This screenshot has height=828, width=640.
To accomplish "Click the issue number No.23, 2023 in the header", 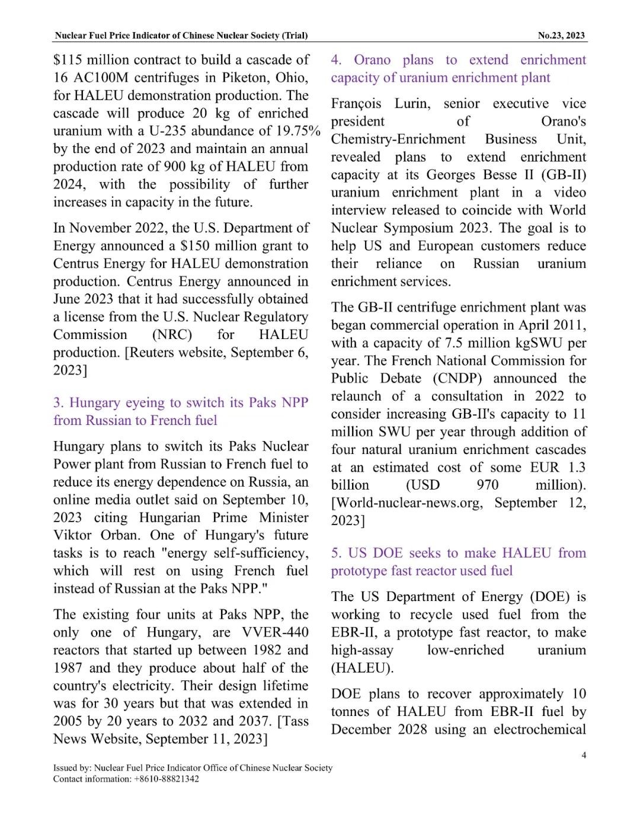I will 561,36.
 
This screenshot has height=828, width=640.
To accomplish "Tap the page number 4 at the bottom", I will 584,755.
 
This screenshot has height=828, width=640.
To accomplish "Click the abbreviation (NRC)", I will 172,335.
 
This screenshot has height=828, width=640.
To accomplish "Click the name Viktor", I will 73,535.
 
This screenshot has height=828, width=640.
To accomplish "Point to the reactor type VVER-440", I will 275,632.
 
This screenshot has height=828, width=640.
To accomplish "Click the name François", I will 356,104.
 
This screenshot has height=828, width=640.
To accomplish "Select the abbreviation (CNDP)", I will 457,379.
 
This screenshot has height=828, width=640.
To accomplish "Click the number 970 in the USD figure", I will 487,485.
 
